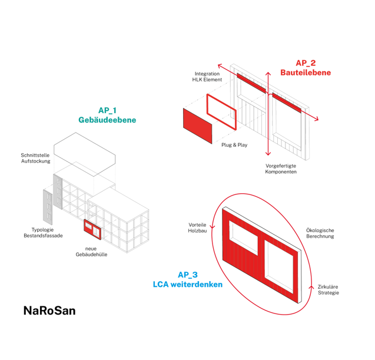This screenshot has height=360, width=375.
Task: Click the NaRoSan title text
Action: coord(49,311)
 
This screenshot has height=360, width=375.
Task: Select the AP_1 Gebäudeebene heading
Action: coord(107,115)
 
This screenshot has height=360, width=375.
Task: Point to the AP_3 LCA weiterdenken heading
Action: coord(188,279)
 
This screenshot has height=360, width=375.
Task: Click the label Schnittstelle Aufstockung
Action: coord(36,158)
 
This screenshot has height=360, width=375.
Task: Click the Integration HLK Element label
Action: coord(207,77)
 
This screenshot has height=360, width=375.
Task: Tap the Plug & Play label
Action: coord(234,145)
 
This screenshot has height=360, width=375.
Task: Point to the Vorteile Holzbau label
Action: coord(197,228)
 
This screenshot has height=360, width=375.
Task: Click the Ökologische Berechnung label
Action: coord(320,233)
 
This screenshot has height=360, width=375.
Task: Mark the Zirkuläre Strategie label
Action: coord(328,289)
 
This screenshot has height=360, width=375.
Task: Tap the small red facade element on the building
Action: coord(93,229)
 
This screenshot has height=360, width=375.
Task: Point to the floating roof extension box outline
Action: coord(86,151)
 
